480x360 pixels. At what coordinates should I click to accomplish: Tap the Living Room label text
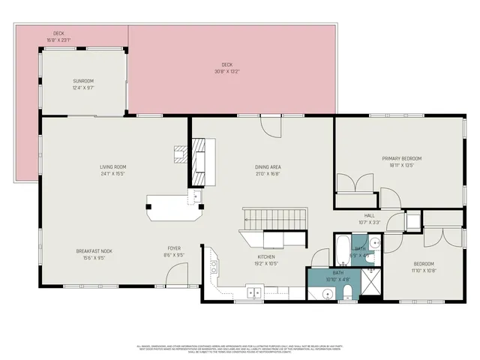pyautogui.click(x=112, y=169)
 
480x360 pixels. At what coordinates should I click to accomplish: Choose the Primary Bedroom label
pyautogui.click(x=402, y=161)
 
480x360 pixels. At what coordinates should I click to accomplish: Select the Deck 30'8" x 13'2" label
pyautogui.click(x=232, y=67)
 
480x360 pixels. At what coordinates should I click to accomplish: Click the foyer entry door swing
pyautogui.click(x=174, y=279)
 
